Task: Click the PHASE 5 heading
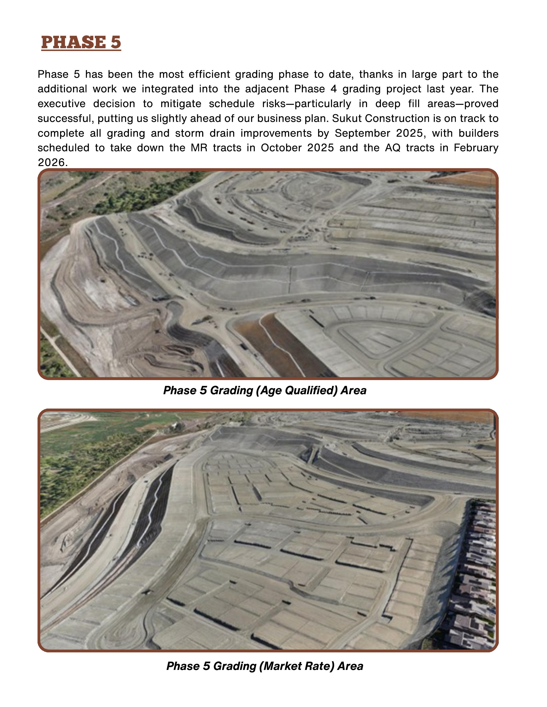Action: (x=81, y=42)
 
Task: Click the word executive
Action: (x=62, y=104)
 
